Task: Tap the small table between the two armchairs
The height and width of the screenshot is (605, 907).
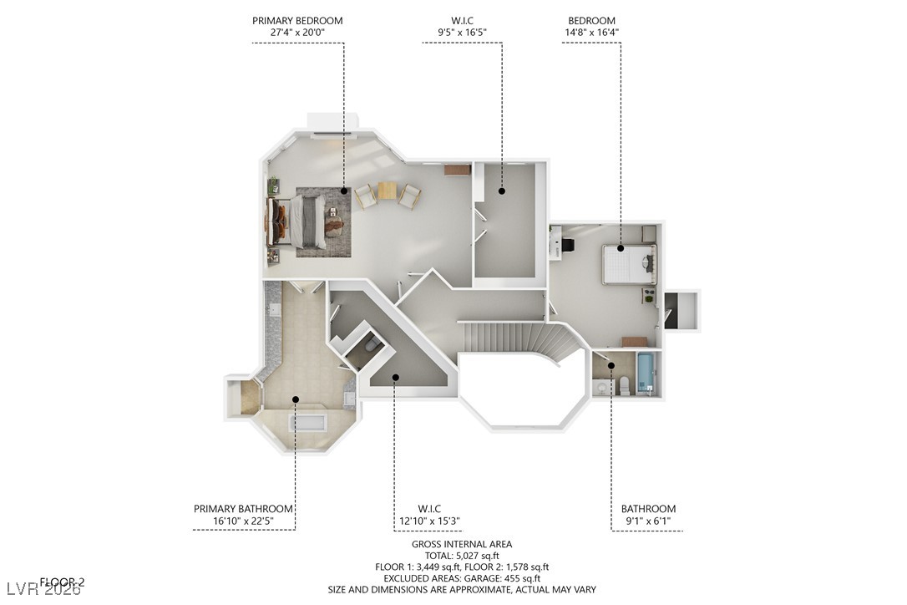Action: tap(387, 191)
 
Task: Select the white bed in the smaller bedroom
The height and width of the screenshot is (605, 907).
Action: tap(628, 264)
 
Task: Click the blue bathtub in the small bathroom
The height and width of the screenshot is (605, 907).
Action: tap(645, 374)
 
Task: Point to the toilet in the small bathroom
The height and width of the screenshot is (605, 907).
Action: tap(624, 385)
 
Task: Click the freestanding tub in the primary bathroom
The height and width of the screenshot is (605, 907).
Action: tap(309, 421)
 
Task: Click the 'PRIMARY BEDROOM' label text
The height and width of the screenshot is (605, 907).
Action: tap(297, 21)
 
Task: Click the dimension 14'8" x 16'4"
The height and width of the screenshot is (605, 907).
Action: tap(593, 33)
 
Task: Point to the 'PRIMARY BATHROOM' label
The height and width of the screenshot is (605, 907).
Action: tap(243, 509)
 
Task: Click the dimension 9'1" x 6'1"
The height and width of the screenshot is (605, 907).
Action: tap(647, 521)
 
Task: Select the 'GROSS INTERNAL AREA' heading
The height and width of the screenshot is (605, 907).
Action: tap(462, 544)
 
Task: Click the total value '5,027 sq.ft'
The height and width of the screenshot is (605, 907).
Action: tap(479, 556)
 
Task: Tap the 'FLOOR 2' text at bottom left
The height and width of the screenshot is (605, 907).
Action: tap(63, 582)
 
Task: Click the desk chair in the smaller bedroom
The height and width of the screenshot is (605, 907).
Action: tap(568, 245)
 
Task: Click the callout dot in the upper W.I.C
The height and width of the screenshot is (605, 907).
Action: tap(502, 191)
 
